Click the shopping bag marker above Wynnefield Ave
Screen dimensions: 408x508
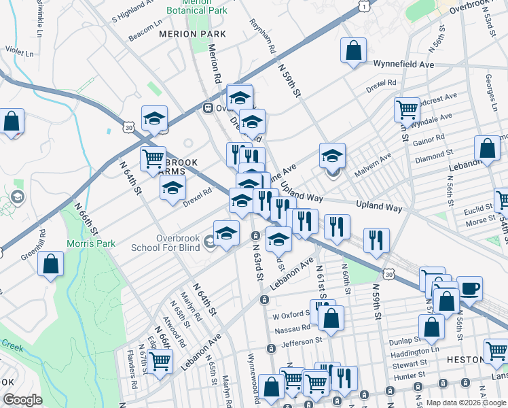click(x=354, y=50)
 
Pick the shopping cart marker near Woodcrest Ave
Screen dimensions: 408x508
click(x=407, y=109)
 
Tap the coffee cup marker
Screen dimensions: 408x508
click(x=469, y=288)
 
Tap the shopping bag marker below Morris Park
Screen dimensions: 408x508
click(x=51, y=265)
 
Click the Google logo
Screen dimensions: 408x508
click(x=23, y=400)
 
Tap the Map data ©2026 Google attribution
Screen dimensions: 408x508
click(x=466, y=403)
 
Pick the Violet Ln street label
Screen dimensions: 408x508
click(x=19, y=52)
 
